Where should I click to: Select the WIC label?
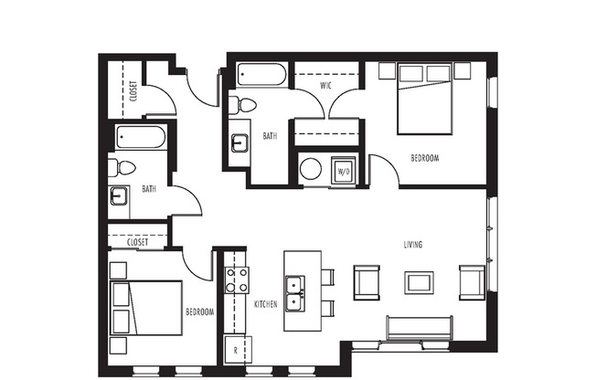point(325,86)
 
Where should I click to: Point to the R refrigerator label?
point(236,350)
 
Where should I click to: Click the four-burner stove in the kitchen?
point(236,280)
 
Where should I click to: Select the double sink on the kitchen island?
point(296,293)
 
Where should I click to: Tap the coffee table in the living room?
point(420,282)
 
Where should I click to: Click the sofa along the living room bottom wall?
point(419,327)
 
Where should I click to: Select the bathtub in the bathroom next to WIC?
point(261,75)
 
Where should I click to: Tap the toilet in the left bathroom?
point(122,167)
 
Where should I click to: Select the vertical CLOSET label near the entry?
point(133,91)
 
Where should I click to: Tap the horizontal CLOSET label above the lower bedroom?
point(138,242)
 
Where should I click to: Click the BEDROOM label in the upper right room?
point(425,158)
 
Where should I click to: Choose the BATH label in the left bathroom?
point(148,190)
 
